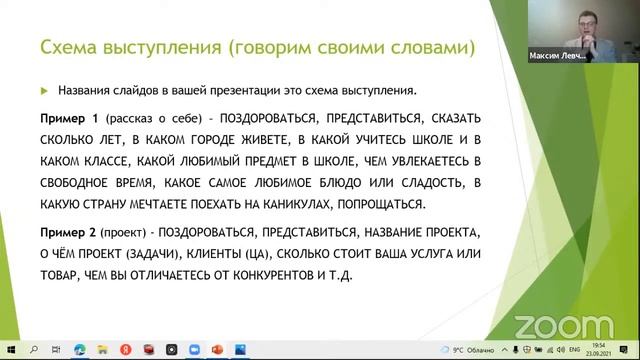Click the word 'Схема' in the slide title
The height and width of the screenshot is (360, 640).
click(66, 48)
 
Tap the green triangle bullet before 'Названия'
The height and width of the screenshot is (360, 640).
click(44, 88)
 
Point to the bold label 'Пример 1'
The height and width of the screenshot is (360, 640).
click(66, 116)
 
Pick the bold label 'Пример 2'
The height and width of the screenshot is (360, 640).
click(66, 230)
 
